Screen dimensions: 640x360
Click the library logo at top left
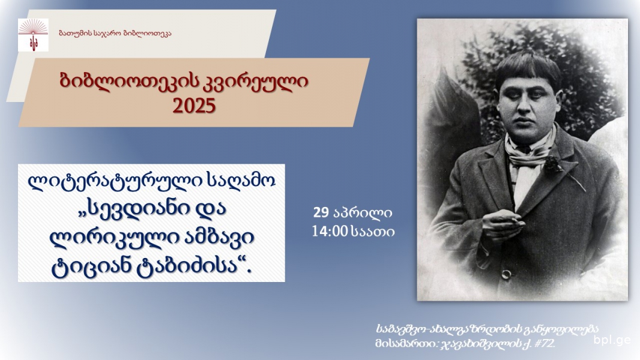(33, 35)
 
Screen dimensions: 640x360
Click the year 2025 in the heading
(194, 106)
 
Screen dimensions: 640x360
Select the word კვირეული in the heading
(255, 82)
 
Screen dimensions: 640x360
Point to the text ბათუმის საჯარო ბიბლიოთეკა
(115, 33)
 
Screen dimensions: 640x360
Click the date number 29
(321, 212)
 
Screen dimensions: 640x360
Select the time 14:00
(330, 232)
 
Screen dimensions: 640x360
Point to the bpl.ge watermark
(612, 340)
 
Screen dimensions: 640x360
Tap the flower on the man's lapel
(554, 164)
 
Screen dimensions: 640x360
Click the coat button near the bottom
(506, 274)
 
